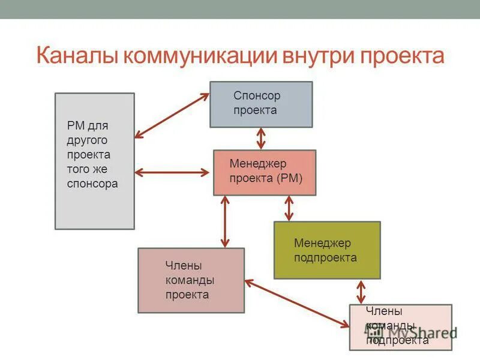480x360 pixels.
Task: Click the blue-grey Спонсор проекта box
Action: pyautogui.click(x=261, y=104)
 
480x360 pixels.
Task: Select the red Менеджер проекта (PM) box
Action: pyautogui.click(x=265, y=172)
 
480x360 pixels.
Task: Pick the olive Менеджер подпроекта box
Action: pyautogui.click(x=327, y=250)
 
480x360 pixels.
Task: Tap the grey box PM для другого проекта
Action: pyautogui.click(x=95, y=161)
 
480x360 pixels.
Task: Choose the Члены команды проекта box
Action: pyautogui.click(x=191, y=280)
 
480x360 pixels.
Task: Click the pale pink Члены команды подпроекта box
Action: pyautogui.click(x=401, y=327)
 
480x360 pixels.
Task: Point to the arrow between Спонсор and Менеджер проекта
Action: pyautogui.click(x=261, y=139)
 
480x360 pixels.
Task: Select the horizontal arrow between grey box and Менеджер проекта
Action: pyautogui.click(x=172, y=173)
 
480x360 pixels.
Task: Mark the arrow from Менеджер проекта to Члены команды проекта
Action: pyautogui.click(x=225, y=221)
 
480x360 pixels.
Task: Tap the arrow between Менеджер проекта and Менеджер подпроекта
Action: pyautogui.click(x=289, y=208)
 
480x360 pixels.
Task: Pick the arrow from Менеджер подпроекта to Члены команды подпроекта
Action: pyautogui.click(x=361, y=292)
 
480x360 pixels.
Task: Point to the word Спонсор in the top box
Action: pyautogui.click(x=257, y=95)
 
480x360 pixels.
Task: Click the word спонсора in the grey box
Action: pyautogui.click(x=92, y=184)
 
